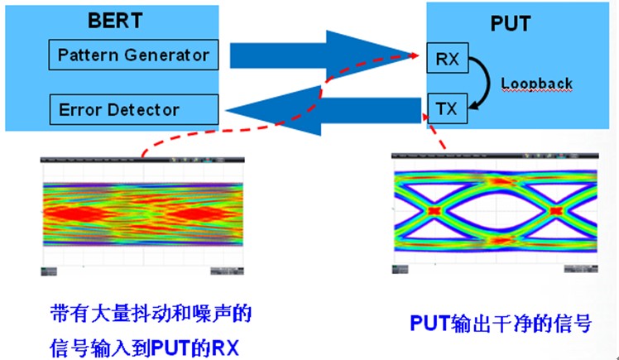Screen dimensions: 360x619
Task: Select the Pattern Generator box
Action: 132,56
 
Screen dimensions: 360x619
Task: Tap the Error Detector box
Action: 132,108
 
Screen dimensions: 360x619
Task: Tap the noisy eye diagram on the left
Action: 142,214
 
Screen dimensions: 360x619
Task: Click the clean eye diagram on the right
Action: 493,212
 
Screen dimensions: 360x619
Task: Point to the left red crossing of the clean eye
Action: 434,211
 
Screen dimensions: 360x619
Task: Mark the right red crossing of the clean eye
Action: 556,211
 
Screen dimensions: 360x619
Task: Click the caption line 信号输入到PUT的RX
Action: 145,341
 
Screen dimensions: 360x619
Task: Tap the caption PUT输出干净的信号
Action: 501,323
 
